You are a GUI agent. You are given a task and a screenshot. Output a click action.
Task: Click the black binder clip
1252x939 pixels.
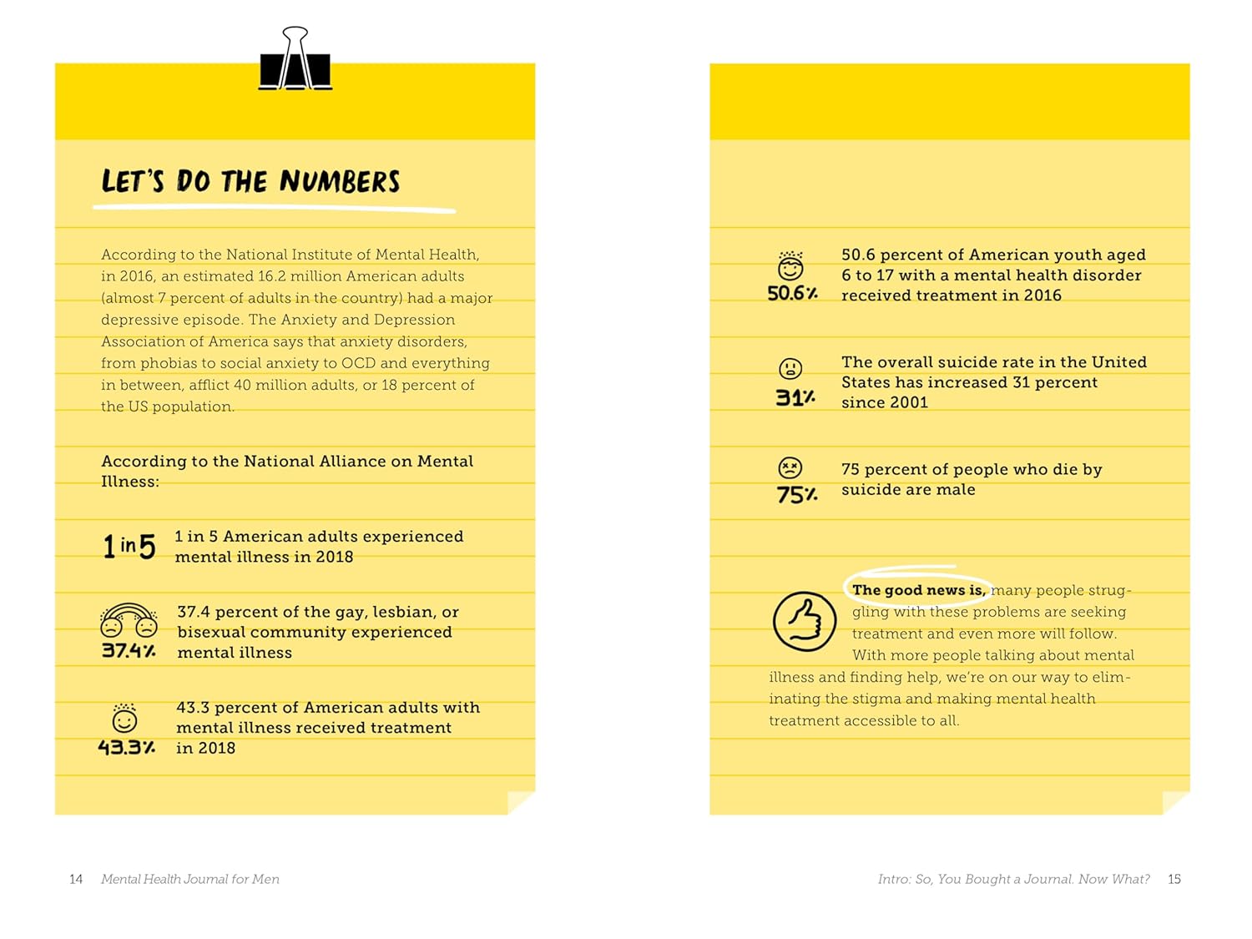click(x=295, y=60)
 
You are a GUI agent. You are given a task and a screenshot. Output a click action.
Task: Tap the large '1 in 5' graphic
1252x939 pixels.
click(x=129, y=546)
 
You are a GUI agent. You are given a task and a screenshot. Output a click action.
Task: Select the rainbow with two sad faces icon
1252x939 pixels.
click(x=129, y=620)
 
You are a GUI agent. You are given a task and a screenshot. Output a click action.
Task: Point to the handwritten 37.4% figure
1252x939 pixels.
click(x=129, y=650)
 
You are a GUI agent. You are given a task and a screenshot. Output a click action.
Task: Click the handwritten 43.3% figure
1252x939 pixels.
click(x=126, y=747)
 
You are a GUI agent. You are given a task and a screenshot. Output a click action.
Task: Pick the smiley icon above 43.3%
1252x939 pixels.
click(x=124, y=719)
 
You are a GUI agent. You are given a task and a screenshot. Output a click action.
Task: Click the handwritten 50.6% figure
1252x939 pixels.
click(x=792, y=293)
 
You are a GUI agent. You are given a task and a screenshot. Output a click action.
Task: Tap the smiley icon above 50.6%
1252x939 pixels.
click(x=790, y=266)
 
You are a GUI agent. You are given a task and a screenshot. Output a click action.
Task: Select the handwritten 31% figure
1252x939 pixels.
click(x=795, y=397)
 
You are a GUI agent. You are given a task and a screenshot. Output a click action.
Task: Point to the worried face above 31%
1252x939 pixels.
click(x=790, y=368)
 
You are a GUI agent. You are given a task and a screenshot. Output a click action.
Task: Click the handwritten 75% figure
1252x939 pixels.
click(x=797, y=495)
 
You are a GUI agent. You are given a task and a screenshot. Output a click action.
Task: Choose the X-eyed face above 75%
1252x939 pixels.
click(x=790, y=467)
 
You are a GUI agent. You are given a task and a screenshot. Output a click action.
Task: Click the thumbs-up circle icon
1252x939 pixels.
click(x=804, y=621)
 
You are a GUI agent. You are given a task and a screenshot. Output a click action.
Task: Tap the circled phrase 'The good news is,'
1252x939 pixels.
click(x=917, y=590)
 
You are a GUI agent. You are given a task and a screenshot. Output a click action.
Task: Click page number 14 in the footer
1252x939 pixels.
click(x=76, y=879)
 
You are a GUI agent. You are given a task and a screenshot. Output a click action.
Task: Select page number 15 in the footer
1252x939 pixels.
click(x=1174, y=879)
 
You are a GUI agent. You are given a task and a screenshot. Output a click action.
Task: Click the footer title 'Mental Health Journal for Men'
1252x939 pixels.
click(x=190, y=879)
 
